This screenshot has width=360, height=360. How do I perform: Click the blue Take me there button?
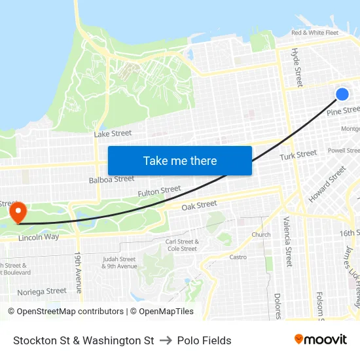point(180,160)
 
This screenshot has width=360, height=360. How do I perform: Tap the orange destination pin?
point(18,212)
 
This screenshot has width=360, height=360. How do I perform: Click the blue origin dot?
point(342,94)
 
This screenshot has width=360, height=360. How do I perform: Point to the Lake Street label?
point(113,134)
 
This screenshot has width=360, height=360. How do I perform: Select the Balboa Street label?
point(111,179)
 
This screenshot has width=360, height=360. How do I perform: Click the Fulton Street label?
point(159,191)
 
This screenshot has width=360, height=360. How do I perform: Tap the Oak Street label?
point(199,205)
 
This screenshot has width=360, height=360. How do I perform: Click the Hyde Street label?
point(298,67)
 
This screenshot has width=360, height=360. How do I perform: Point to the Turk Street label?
point(298,155)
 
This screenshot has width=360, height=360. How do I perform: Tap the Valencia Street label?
point(288,243)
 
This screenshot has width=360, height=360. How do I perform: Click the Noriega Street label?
point(42,291)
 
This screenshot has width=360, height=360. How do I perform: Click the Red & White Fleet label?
point(315,32)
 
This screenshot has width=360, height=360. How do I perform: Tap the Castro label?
point(238,257)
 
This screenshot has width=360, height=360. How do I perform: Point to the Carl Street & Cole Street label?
point(182,245)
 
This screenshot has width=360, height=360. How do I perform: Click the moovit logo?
point(320,339)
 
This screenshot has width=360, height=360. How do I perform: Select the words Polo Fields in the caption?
point(204,340)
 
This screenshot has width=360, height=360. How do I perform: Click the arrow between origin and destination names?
point(166,340)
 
